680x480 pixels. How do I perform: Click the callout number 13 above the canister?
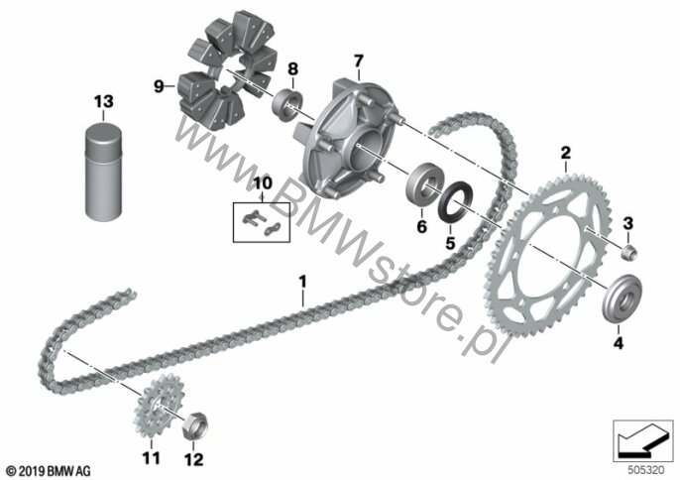104,101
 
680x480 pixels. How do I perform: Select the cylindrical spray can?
104,171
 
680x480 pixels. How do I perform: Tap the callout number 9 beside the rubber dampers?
160,87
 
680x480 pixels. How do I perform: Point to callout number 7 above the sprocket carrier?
358,61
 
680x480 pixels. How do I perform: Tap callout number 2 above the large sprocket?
565,153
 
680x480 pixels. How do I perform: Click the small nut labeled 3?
628,253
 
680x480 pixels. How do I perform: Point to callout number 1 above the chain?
302,282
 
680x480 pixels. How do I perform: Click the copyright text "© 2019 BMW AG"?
49,471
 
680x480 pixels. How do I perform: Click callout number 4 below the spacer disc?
618,343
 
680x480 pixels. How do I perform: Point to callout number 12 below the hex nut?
193,459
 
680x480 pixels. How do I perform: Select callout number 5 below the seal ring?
451,243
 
